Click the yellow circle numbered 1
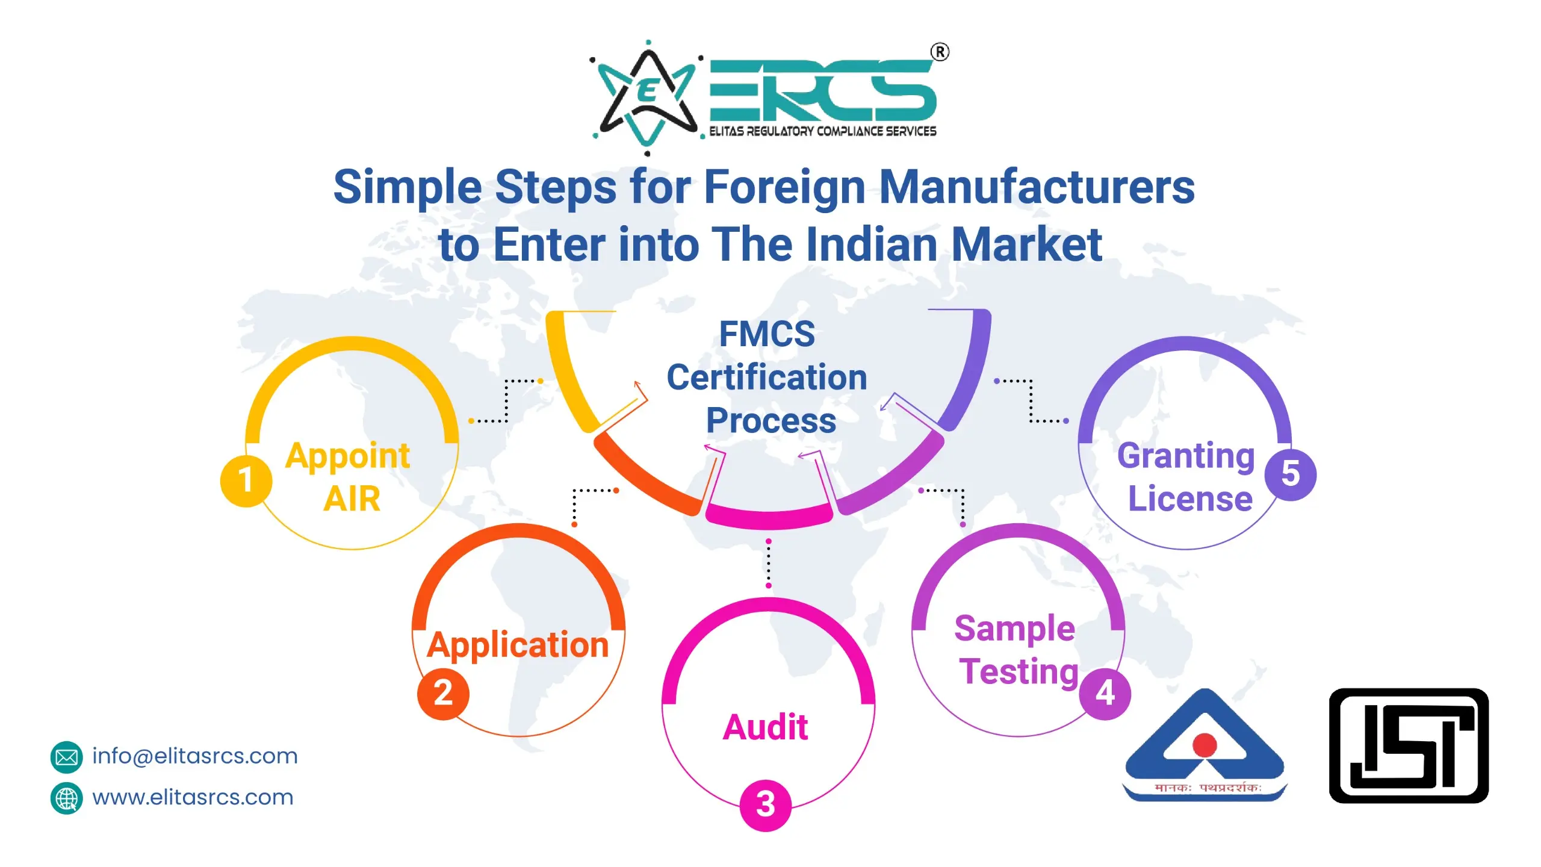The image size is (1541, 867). click(246, 480)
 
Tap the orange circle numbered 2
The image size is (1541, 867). click(443, 693)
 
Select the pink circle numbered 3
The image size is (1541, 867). click(765, 804)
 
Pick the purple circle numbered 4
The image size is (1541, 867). click(1105, 694)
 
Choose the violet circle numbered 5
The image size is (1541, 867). click(1290, 474)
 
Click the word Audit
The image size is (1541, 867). click(765, 727)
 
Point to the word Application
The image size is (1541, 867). click(518, 645)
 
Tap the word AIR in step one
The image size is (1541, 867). click(352, 499)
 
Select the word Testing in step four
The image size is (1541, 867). click(1019, 671)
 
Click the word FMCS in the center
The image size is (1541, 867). click(767, 334)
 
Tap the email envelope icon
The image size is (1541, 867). click(66, 757)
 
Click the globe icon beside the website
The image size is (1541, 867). click(66, 798)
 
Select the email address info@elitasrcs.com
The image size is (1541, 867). click(195, 756)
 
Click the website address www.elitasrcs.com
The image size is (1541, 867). click(193, 797)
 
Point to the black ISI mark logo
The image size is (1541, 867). click(1409, 745)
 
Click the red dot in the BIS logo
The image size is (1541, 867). click(1205, 745)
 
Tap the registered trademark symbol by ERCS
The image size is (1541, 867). click(940, 52)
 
